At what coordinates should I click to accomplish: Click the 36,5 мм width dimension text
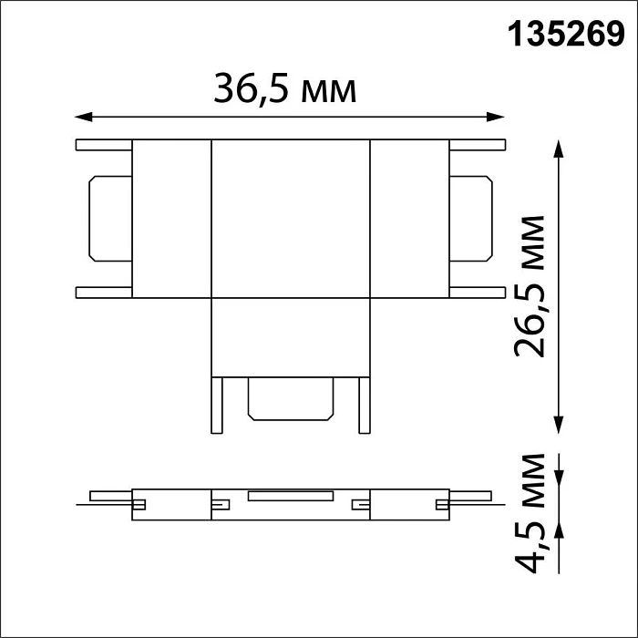tap(284, 88)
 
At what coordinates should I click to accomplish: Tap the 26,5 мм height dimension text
tap(530, 287)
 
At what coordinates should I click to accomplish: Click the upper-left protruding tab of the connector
tap(105, 145)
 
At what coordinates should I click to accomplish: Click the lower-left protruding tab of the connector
tap(105, 292)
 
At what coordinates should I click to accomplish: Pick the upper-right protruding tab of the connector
tap(475, 145)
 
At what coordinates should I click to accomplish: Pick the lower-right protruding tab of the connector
tap(475, 292)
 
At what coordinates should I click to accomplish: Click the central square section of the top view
tap(291, 219)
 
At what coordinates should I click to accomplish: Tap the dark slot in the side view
tap(290, 497)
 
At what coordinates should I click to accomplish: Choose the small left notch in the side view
tap(141, 502)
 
